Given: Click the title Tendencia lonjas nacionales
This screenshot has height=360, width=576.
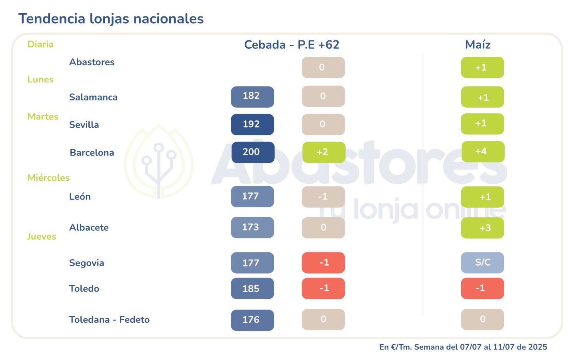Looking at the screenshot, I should pyautogui.click(x=111, y=19).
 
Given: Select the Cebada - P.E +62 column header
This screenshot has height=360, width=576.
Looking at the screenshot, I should pyautogui.click(x=292, y=45).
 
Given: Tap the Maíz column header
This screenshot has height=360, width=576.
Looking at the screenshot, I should pyautogui.click(x=478, y=45).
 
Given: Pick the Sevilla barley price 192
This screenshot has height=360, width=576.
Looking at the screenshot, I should pyautogui.click(x=252, y=124).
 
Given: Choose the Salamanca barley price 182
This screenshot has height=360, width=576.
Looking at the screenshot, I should pyautogui.click(x=252, y=96).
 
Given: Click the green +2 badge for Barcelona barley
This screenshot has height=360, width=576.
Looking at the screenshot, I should pyautogui.click(x=324, y=152).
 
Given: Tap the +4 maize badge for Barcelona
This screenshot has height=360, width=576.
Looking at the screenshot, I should pyautogui.click(x=483, y=152).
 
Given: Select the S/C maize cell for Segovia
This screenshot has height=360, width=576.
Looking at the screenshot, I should pyautogui.click(x=482, y=263).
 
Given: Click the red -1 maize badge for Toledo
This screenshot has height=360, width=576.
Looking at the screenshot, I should pyautogui.click(x=482, y=288).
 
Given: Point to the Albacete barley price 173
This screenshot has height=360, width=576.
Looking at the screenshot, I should pyautogui.click(x=252, y=228).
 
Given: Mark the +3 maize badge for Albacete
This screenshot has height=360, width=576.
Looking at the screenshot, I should pyautogui.click(x=482, y=228).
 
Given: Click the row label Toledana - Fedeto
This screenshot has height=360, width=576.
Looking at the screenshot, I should pyautogui.click(x=109, y=320).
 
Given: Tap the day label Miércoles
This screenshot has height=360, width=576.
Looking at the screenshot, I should pyautogui.click(x=48, y=178).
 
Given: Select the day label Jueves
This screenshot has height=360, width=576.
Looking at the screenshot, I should pyautogui.click(x=42, y=237).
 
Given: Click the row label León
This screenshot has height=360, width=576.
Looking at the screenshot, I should pyautogui.click(x=80, y=197).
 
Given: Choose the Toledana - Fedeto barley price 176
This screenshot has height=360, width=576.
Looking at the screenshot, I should pyautogui.click(x=252, y=320).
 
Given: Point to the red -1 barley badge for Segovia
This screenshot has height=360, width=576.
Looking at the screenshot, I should pyautogui.click(x=323, y=263).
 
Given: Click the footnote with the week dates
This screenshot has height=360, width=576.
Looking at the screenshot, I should pyautogui.click(x=463, y=347).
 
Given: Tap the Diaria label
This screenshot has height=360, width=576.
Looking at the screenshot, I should pyautogui.click(x=40, y=44).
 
